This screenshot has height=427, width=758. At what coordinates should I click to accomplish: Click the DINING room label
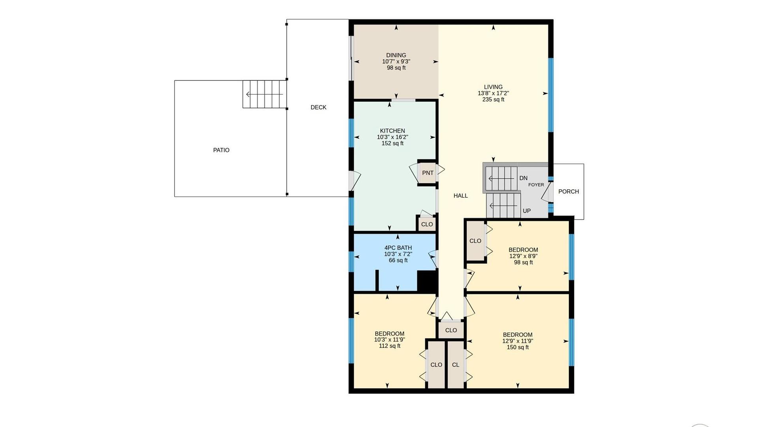[396, 55]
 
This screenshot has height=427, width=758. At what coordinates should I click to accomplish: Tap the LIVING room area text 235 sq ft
[493, 100]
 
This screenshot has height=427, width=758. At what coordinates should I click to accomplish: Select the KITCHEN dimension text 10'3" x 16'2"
[392, 137]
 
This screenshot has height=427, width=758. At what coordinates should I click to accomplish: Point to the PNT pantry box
[427, 173]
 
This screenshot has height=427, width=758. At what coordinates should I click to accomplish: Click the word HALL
[461, 196]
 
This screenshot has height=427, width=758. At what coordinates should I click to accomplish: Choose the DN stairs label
[523, 178]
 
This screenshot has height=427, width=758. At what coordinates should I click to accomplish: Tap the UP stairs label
[527, 211]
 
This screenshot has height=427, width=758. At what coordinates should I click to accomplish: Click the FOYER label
[536, 185]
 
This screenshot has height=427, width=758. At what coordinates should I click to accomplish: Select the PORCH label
[568, 191]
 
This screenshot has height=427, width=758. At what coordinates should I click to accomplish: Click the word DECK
[319, 108]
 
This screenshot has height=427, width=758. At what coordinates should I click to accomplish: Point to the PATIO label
[221, 150]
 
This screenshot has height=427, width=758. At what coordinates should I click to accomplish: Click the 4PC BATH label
[398, 248]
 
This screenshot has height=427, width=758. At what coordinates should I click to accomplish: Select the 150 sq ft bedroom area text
[518, 348]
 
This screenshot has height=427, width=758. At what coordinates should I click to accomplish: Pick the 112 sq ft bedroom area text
[390, 346]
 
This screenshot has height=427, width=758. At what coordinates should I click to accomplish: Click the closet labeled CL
[456, 365]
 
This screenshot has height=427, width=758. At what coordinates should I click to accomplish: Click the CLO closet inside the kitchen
[427, 224]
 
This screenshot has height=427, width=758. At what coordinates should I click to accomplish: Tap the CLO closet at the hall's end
[451, 330]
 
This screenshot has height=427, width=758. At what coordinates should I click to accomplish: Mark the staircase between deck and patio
[264, 94]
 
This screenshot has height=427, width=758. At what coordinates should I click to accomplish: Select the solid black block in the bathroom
[427, 281]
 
